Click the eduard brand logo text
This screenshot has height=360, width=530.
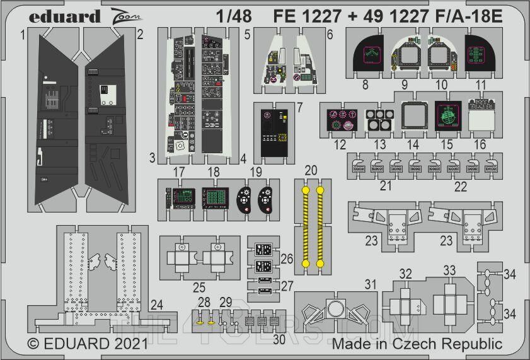[x=64, y=16]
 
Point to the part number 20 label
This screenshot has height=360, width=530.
[x=311, y=171]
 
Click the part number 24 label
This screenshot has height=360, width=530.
[x=157, y=305]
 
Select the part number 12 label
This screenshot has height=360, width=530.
[x=340, y=144]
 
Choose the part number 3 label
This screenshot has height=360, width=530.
[x=153, y=157]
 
